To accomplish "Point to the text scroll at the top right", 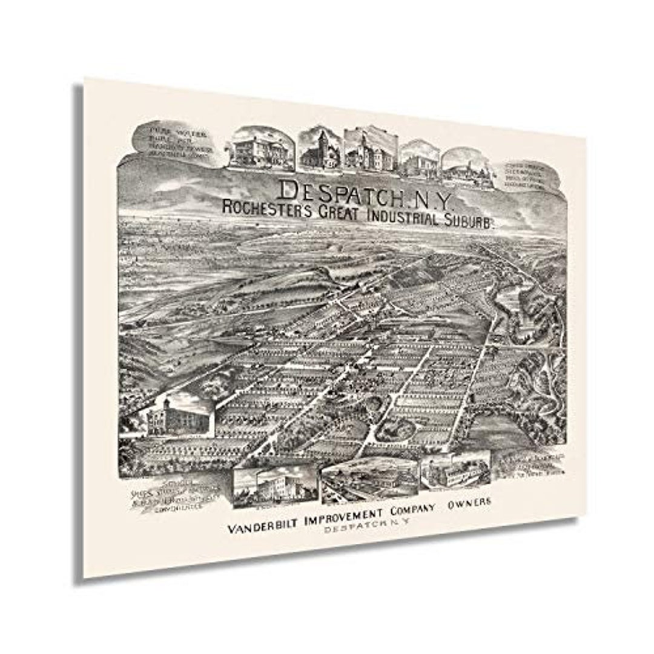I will [x=528, y=176].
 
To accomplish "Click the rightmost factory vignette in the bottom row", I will [x=455, y=471].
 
